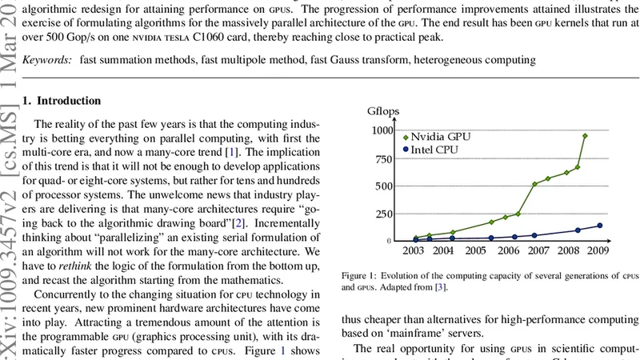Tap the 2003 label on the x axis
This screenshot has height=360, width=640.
pyautogui.click(x=413, y=250)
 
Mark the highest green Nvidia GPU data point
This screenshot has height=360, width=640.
pyautogui.click(x=585, y=136)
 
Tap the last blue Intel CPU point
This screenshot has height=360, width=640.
pyautogui.click(x=600, y=226)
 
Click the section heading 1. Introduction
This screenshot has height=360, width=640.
pyautogui.click(x=62, y=102)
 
